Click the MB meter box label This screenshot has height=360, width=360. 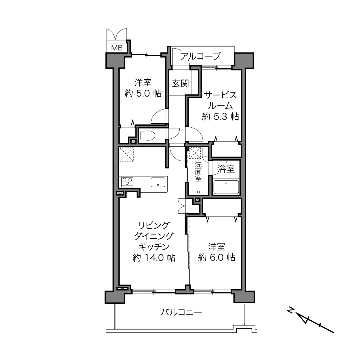(x=117, y=48)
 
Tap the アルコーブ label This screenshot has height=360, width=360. (x=200, y=56)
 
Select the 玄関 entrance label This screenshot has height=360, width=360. (x=180, y=83)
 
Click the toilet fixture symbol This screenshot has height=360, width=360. (x=148, y=135)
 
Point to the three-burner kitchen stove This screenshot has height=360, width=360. (x=127, y=182)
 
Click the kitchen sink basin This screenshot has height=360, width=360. (x=158, y=182)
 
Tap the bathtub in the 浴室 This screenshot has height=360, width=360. (x=226, y=187)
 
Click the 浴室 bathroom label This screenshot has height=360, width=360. (x=226, y=169)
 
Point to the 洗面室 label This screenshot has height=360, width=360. (x=198, y=171)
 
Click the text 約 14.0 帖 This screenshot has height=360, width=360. (x=154, y=258)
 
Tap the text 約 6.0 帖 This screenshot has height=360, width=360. (x=217, y=258)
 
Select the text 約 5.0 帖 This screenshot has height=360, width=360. (x=143, y=93)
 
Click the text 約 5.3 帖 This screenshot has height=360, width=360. (x=221, y=116)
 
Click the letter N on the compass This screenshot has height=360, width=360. (x=290, y=310)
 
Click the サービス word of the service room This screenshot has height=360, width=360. (x=221, y=95)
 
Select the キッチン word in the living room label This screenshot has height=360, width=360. (x=154, y=247)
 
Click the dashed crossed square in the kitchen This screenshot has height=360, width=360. (x=127, y=154)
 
